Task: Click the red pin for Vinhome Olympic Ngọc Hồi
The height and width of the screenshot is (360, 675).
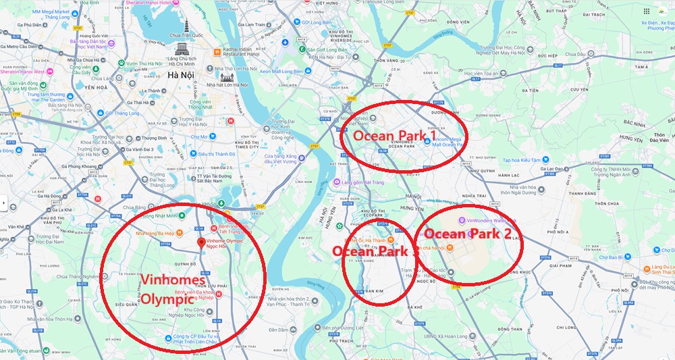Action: (200, 242)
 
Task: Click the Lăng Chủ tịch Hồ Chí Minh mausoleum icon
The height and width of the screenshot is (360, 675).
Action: (182, 49)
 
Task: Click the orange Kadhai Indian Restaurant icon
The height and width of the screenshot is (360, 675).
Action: (216, 51)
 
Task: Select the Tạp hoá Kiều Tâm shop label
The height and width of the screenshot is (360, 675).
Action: (522, 160)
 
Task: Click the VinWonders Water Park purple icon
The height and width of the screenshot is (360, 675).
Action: (461, 220)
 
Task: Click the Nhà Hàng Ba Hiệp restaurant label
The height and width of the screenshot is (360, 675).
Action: (155, 233)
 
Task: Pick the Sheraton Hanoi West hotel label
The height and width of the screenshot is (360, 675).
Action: (23, 72)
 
